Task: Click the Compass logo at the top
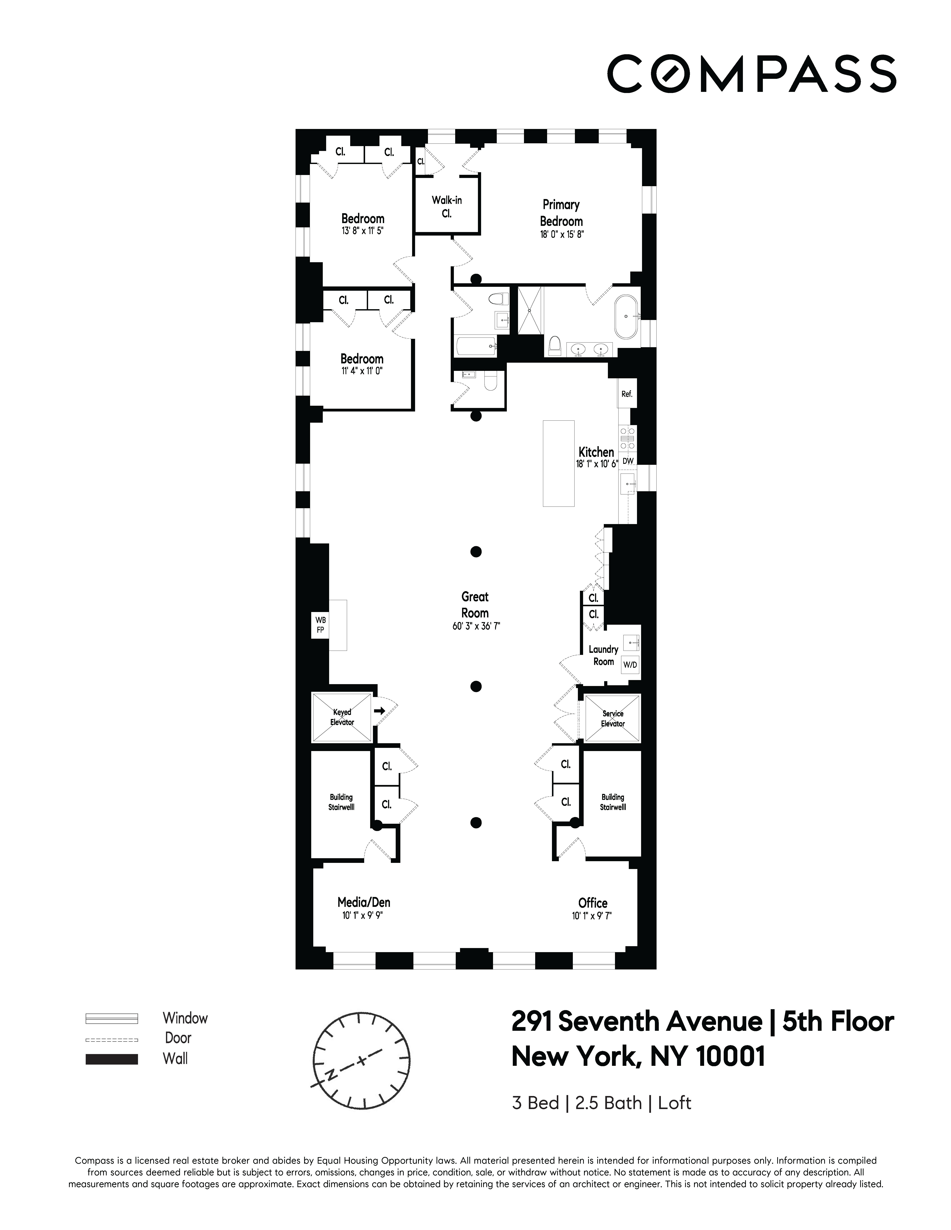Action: [x=751, y=74]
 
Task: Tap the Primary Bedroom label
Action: [x=561, y=213]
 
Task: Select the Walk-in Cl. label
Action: [x=447, y=207]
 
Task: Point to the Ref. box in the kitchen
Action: [x=627, y=394]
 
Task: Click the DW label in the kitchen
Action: [x=628, y=461]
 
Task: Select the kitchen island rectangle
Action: [x=558, y=463]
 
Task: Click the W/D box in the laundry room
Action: [x=630, y=665]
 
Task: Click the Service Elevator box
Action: [x=612, y=719]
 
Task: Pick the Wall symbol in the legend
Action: [x=112, y=1059]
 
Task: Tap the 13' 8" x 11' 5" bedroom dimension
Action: [x=362, y=231]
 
